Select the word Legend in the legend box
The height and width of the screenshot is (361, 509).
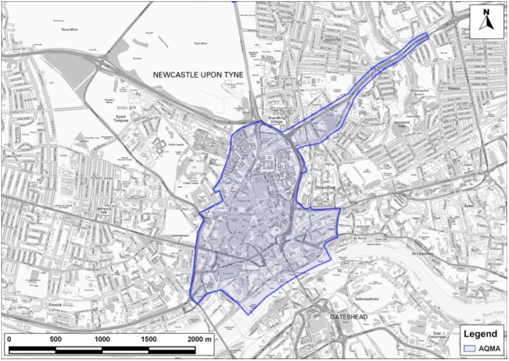[481, 334]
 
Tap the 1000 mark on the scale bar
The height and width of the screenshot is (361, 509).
[102, 339]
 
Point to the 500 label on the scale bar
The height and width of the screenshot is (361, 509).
[55, 339]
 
